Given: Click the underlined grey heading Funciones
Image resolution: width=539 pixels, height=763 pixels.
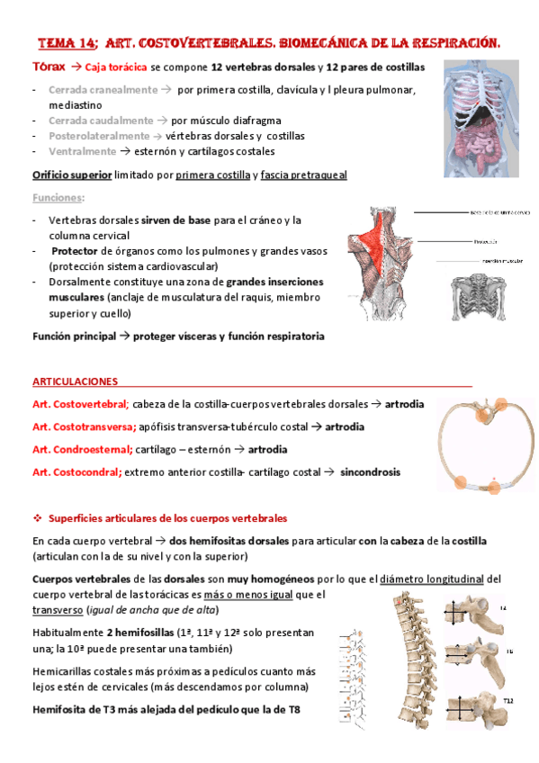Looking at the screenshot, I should (56, 197).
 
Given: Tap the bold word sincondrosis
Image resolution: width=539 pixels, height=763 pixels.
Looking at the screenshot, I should (370, 471).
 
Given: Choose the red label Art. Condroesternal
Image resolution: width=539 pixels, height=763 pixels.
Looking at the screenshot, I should (82, 449).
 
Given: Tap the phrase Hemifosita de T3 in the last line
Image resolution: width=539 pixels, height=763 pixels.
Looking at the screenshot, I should (77, 712).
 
